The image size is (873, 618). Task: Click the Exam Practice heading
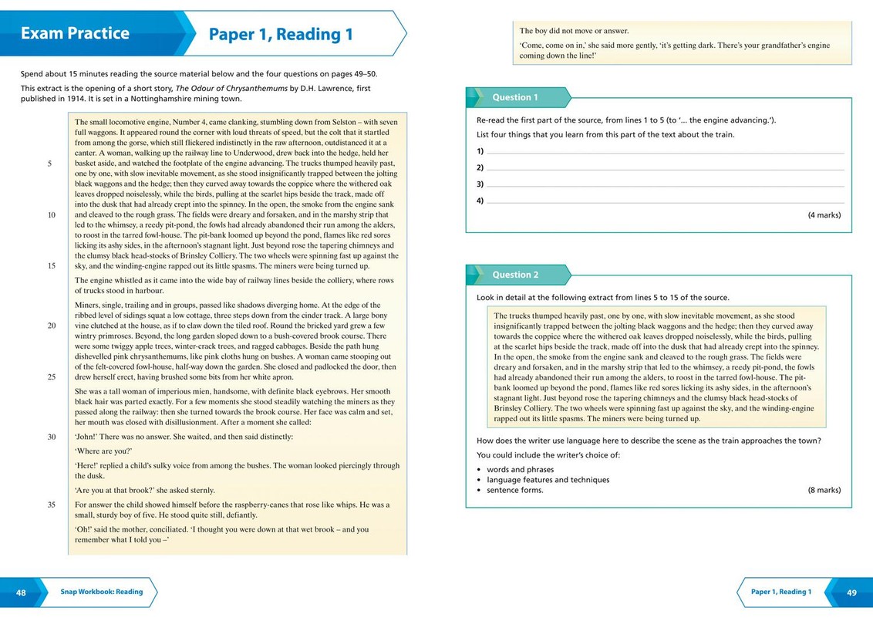75,33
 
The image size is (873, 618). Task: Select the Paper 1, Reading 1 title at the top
281,34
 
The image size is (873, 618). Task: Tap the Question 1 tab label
515,97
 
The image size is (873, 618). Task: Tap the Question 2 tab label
515,275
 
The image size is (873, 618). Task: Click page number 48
21,592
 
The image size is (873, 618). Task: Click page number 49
851,593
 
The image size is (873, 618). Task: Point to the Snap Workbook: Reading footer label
102,592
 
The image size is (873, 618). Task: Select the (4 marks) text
824,214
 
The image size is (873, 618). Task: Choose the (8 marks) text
824,490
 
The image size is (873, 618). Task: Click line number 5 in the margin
50,164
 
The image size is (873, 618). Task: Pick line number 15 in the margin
52,265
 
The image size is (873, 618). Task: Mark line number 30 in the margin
52,437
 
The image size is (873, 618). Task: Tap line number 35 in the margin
52,505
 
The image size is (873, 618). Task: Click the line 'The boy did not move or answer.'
574,31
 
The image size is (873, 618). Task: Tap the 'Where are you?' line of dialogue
103,451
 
